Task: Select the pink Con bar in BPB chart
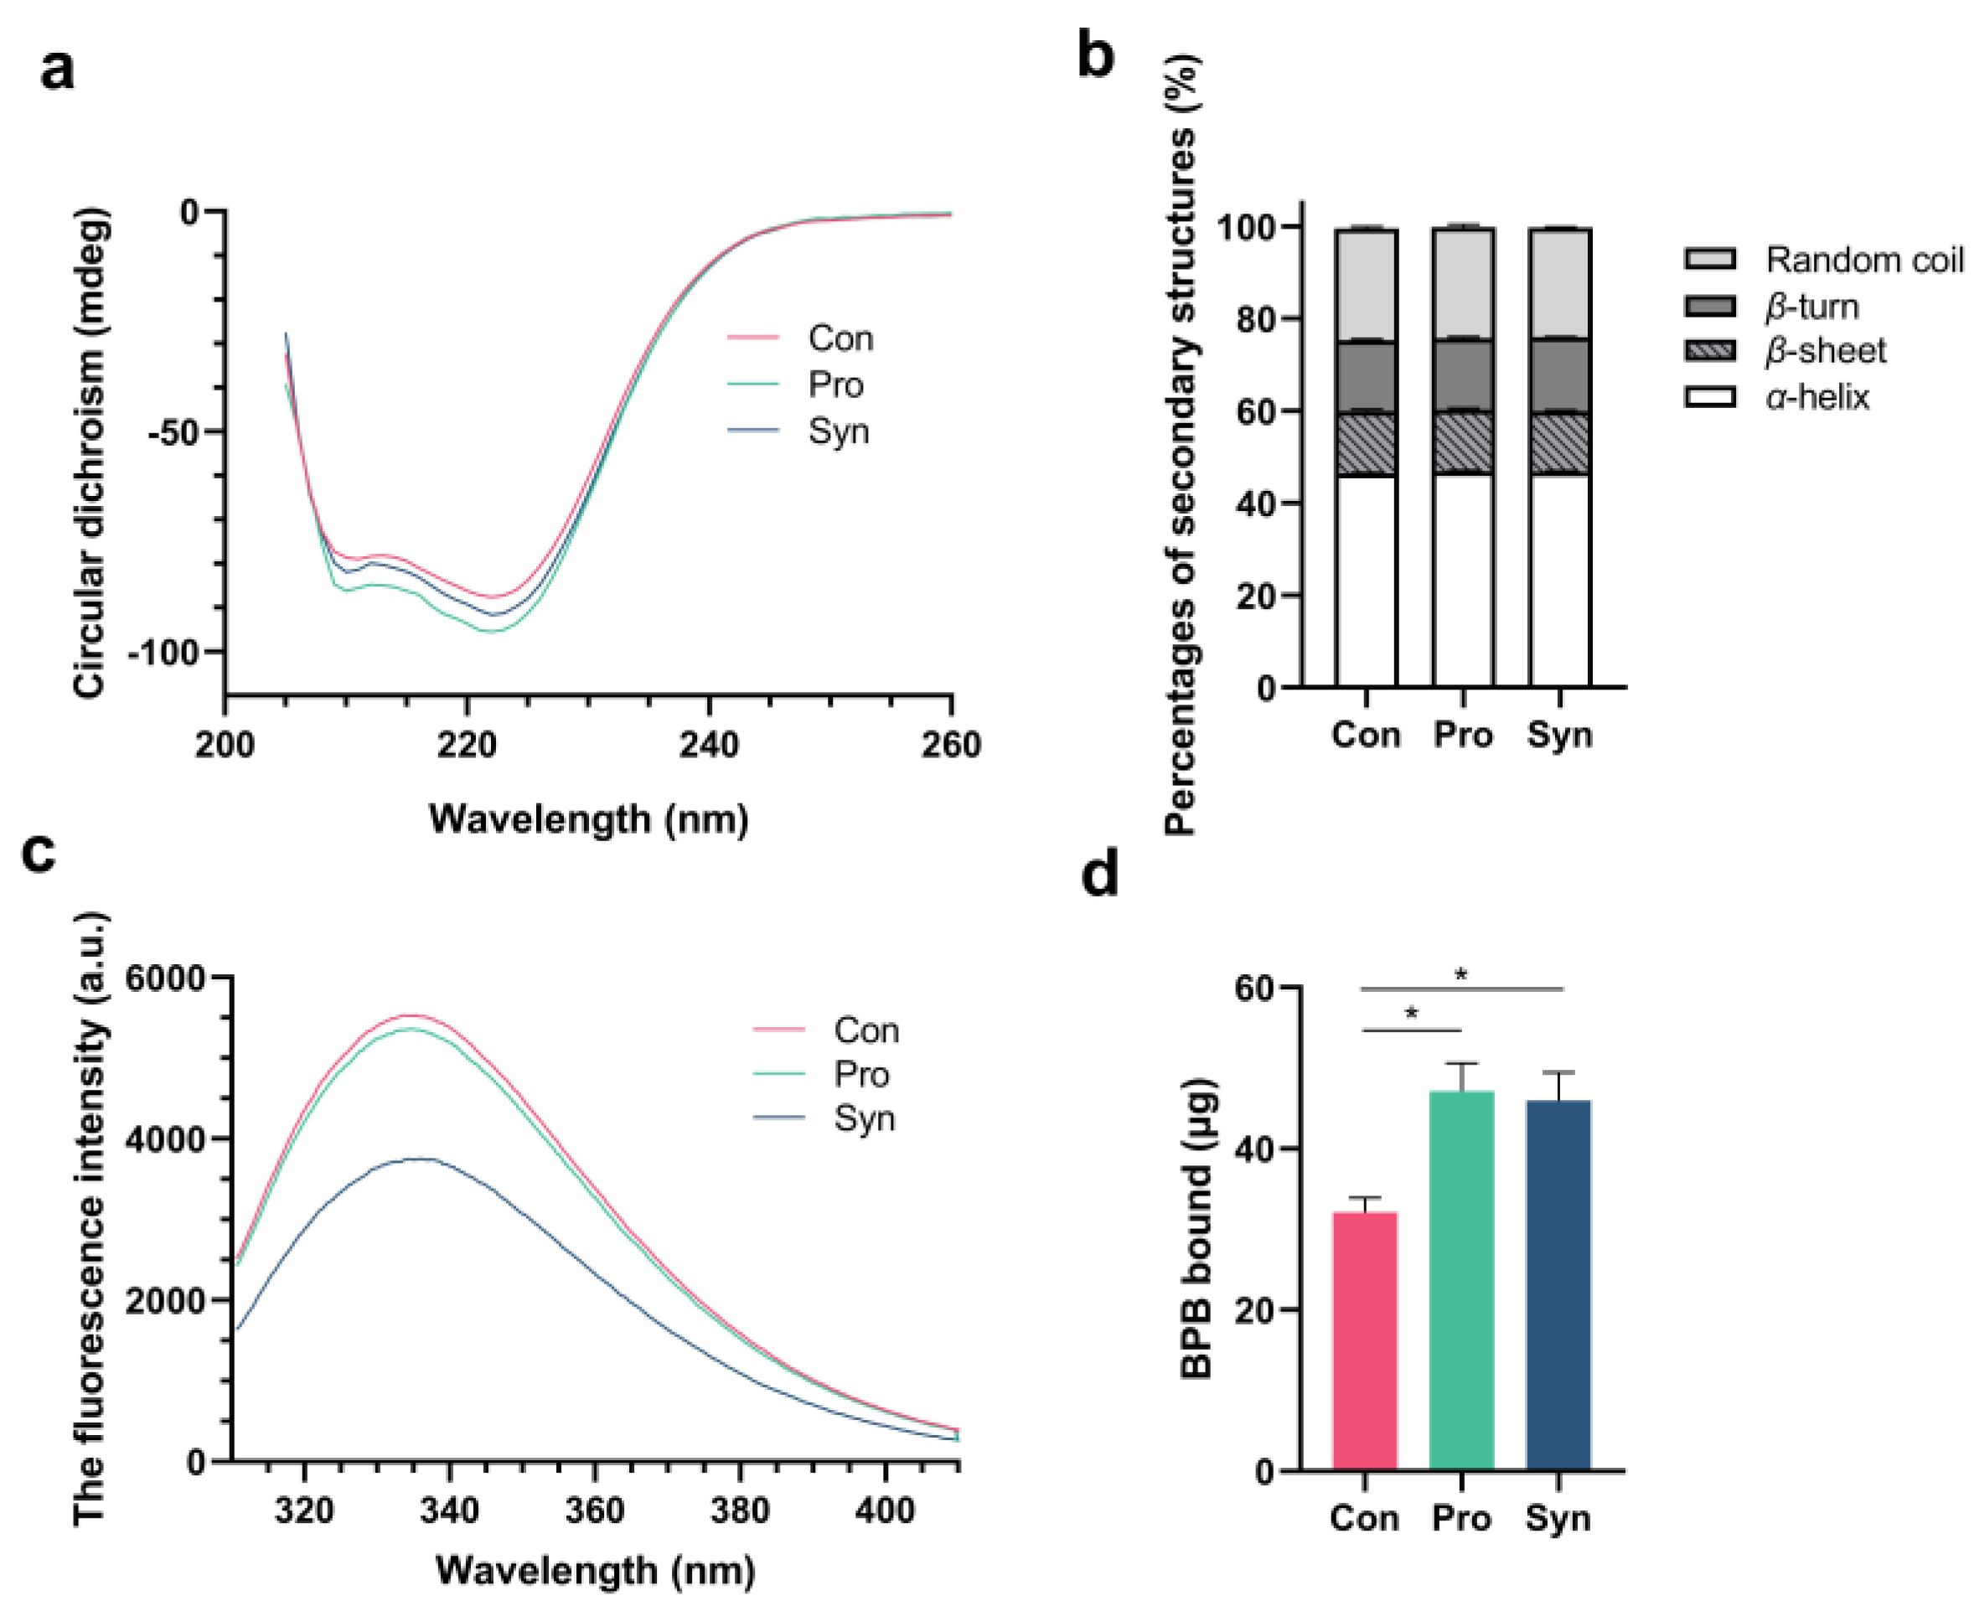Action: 1364,1340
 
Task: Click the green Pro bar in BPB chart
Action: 1462,1281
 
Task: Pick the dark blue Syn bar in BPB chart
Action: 1559,1285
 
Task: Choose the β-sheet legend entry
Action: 1825,352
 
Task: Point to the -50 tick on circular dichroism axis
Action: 176,432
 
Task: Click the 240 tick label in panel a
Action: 709,745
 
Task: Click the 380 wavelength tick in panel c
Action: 740,1511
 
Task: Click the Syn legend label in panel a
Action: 838,431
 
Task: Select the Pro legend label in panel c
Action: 861,1075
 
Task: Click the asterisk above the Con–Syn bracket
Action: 1462,974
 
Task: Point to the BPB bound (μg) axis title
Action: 1197,1229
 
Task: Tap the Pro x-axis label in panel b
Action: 1463,735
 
